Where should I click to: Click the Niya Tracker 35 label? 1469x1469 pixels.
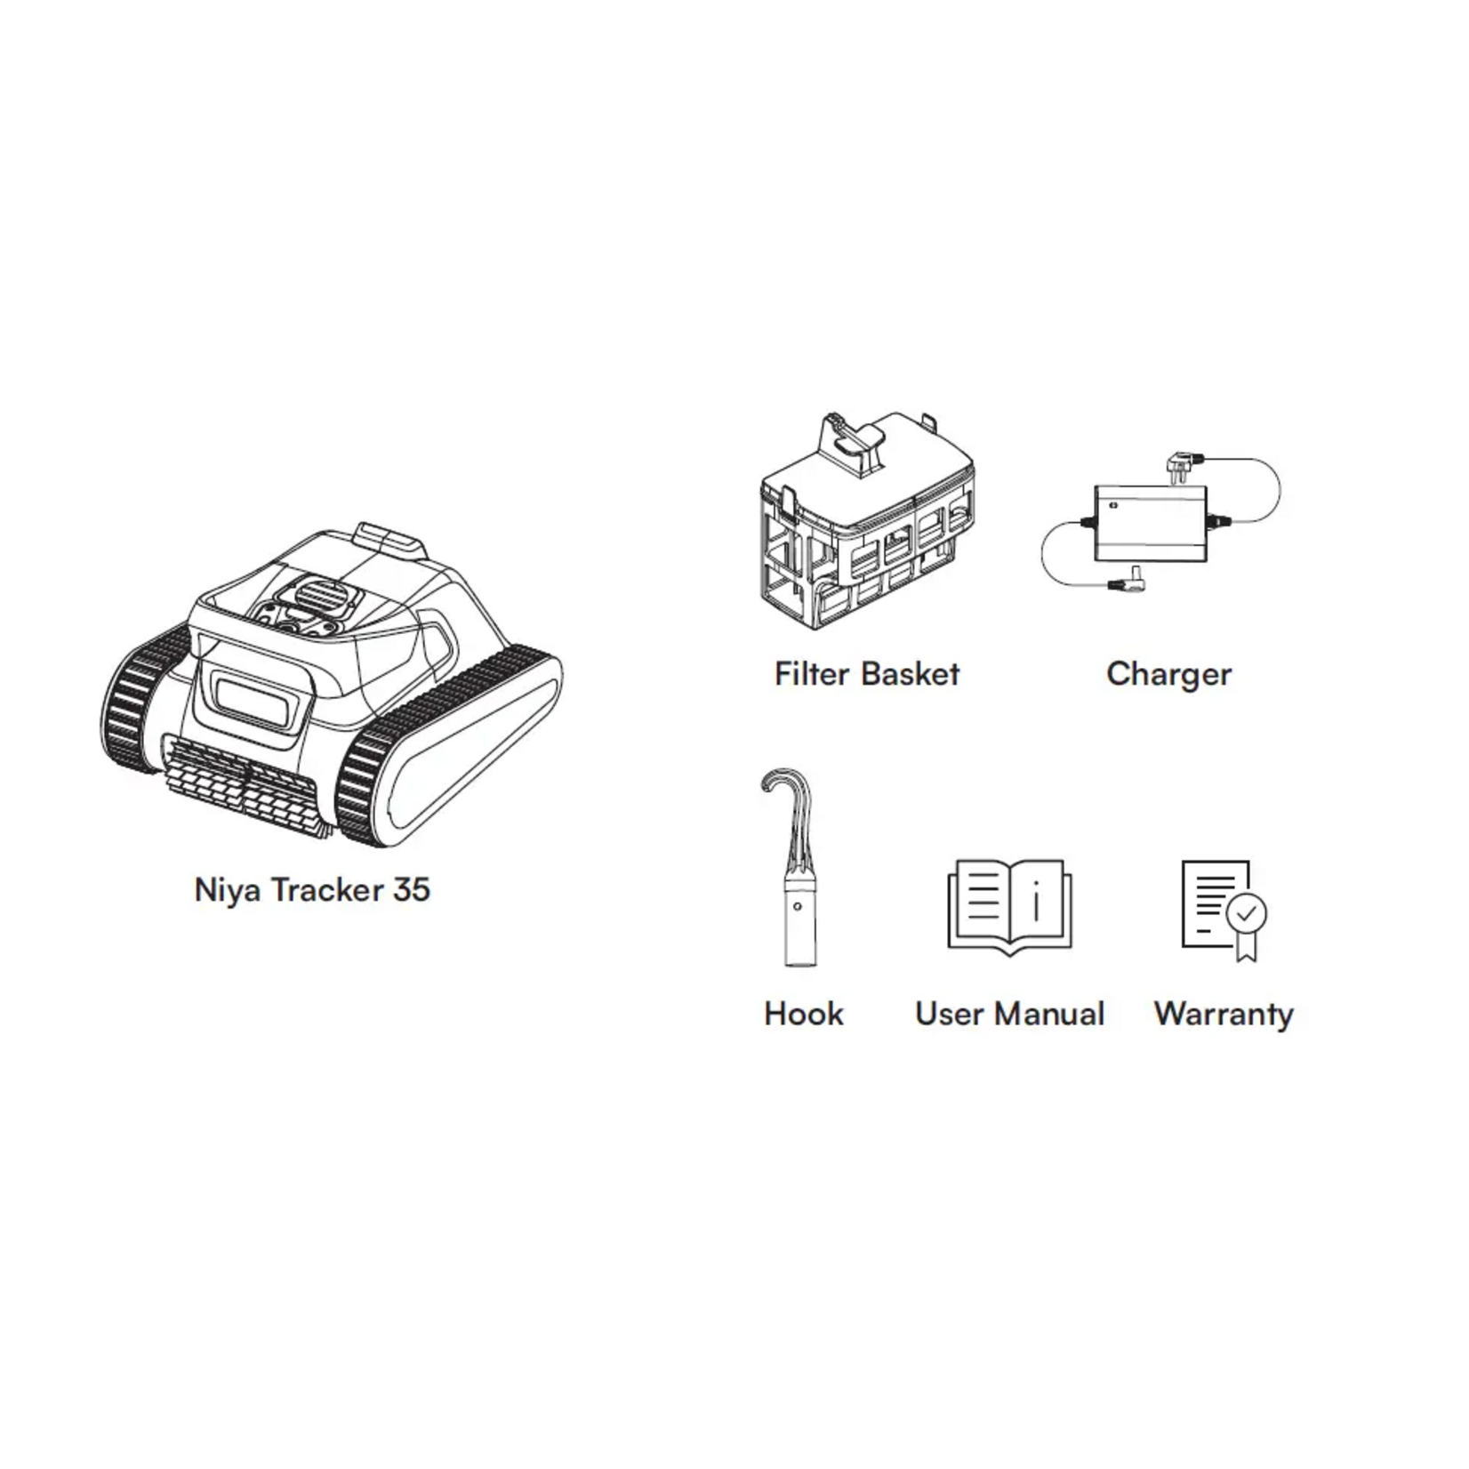tap(312, 890)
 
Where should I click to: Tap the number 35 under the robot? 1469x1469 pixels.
tap(410, 890)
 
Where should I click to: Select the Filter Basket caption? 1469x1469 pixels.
tap(867, 674)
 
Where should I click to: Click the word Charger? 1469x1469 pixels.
tap(1168, 674)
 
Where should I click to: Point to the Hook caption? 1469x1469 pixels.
tap(804, 1014)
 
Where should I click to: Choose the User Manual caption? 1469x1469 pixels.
tap(1009, 1014)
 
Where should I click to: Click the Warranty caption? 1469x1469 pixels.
tap(1224, 1014)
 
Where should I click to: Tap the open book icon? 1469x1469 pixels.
tap(1009, 907)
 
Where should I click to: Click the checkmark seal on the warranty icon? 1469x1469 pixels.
tap(1247, 912)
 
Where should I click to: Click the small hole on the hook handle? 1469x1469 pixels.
tap(798, 907)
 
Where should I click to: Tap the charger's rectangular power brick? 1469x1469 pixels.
tap(1151, 523)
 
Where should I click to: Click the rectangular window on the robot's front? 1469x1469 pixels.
tap(253, 693)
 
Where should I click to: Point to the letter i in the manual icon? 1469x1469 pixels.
tap(1036, 901)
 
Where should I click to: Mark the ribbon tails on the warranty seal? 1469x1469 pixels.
tap(1247, 946)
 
